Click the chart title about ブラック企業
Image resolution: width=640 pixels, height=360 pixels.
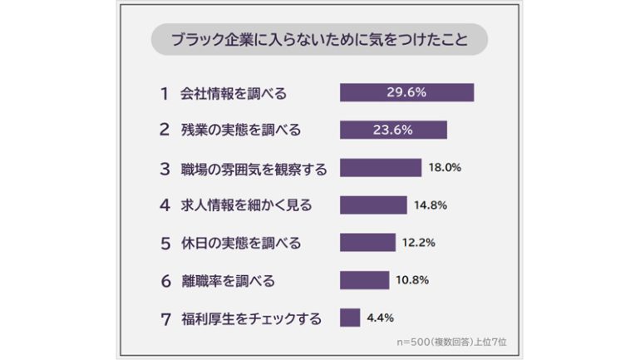pos(319,39)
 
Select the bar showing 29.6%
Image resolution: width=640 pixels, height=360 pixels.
pos(406,92)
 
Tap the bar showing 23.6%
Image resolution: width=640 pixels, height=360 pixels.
pos(393,131)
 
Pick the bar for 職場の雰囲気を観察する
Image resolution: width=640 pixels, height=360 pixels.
pos(381,168)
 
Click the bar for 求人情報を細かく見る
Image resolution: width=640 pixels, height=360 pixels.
pos(373,205)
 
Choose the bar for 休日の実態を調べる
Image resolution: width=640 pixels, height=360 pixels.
pos(367,243)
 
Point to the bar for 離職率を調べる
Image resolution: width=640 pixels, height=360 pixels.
pos(365,280)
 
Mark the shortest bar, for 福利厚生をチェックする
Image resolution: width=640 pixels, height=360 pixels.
pos(350,318)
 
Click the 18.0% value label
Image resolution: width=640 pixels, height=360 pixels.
pos(445,168)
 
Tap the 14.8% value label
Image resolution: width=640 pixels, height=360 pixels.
pos(430,205)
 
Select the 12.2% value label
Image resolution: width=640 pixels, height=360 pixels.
pos(419,243)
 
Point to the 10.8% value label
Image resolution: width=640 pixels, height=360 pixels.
pos(411,280)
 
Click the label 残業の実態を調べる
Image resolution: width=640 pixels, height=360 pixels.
pos(241,131)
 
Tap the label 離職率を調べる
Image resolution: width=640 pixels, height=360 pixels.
pos(228,280)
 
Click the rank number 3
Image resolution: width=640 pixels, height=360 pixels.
pos(165,169)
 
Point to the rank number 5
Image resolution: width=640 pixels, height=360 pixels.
pos(165,244)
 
